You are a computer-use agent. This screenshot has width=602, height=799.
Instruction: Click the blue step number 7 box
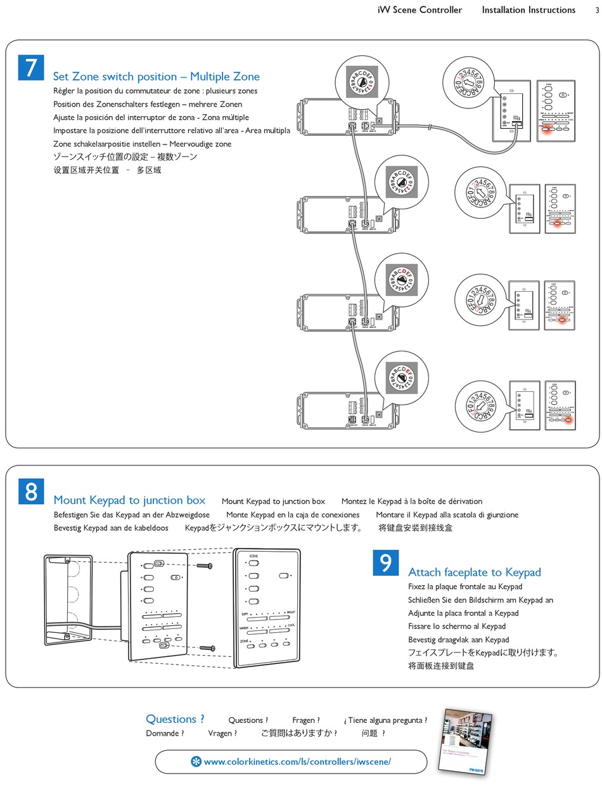(30, 68)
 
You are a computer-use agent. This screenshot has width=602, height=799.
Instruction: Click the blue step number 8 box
(30, 491)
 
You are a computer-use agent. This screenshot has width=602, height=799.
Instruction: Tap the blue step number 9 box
(386, 563)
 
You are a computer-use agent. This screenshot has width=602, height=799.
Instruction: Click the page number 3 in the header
(597, 10)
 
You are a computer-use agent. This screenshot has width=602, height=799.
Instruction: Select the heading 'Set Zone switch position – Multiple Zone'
(156, 77)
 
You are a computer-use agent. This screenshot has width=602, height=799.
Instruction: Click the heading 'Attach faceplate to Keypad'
(474, 573)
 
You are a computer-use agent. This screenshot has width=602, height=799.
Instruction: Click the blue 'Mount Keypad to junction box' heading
(129, 500)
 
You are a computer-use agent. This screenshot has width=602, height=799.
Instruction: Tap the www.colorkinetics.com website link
(297, 762)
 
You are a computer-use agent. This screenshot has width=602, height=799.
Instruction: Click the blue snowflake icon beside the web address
(196, 762)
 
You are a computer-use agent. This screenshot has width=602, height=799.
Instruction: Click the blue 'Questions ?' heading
(175, 719)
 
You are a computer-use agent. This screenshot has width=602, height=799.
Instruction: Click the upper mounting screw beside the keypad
(204, 565)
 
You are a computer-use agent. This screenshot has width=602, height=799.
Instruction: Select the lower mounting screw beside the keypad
(208, 647)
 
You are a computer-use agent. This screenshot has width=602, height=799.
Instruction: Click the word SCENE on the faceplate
(253, 555)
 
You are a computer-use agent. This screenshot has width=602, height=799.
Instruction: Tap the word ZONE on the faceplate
(244, 641)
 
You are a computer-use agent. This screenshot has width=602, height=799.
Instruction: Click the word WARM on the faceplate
(244, 628)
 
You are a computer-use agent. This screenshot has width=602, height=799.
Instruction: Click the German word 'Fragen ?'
(305, 720)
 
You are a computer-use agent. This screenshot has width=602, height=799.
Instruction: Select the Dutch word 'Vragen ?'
(222, 734)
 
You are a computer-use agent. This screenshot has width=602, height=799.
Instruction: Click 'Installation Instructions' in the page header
(528, 10)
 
